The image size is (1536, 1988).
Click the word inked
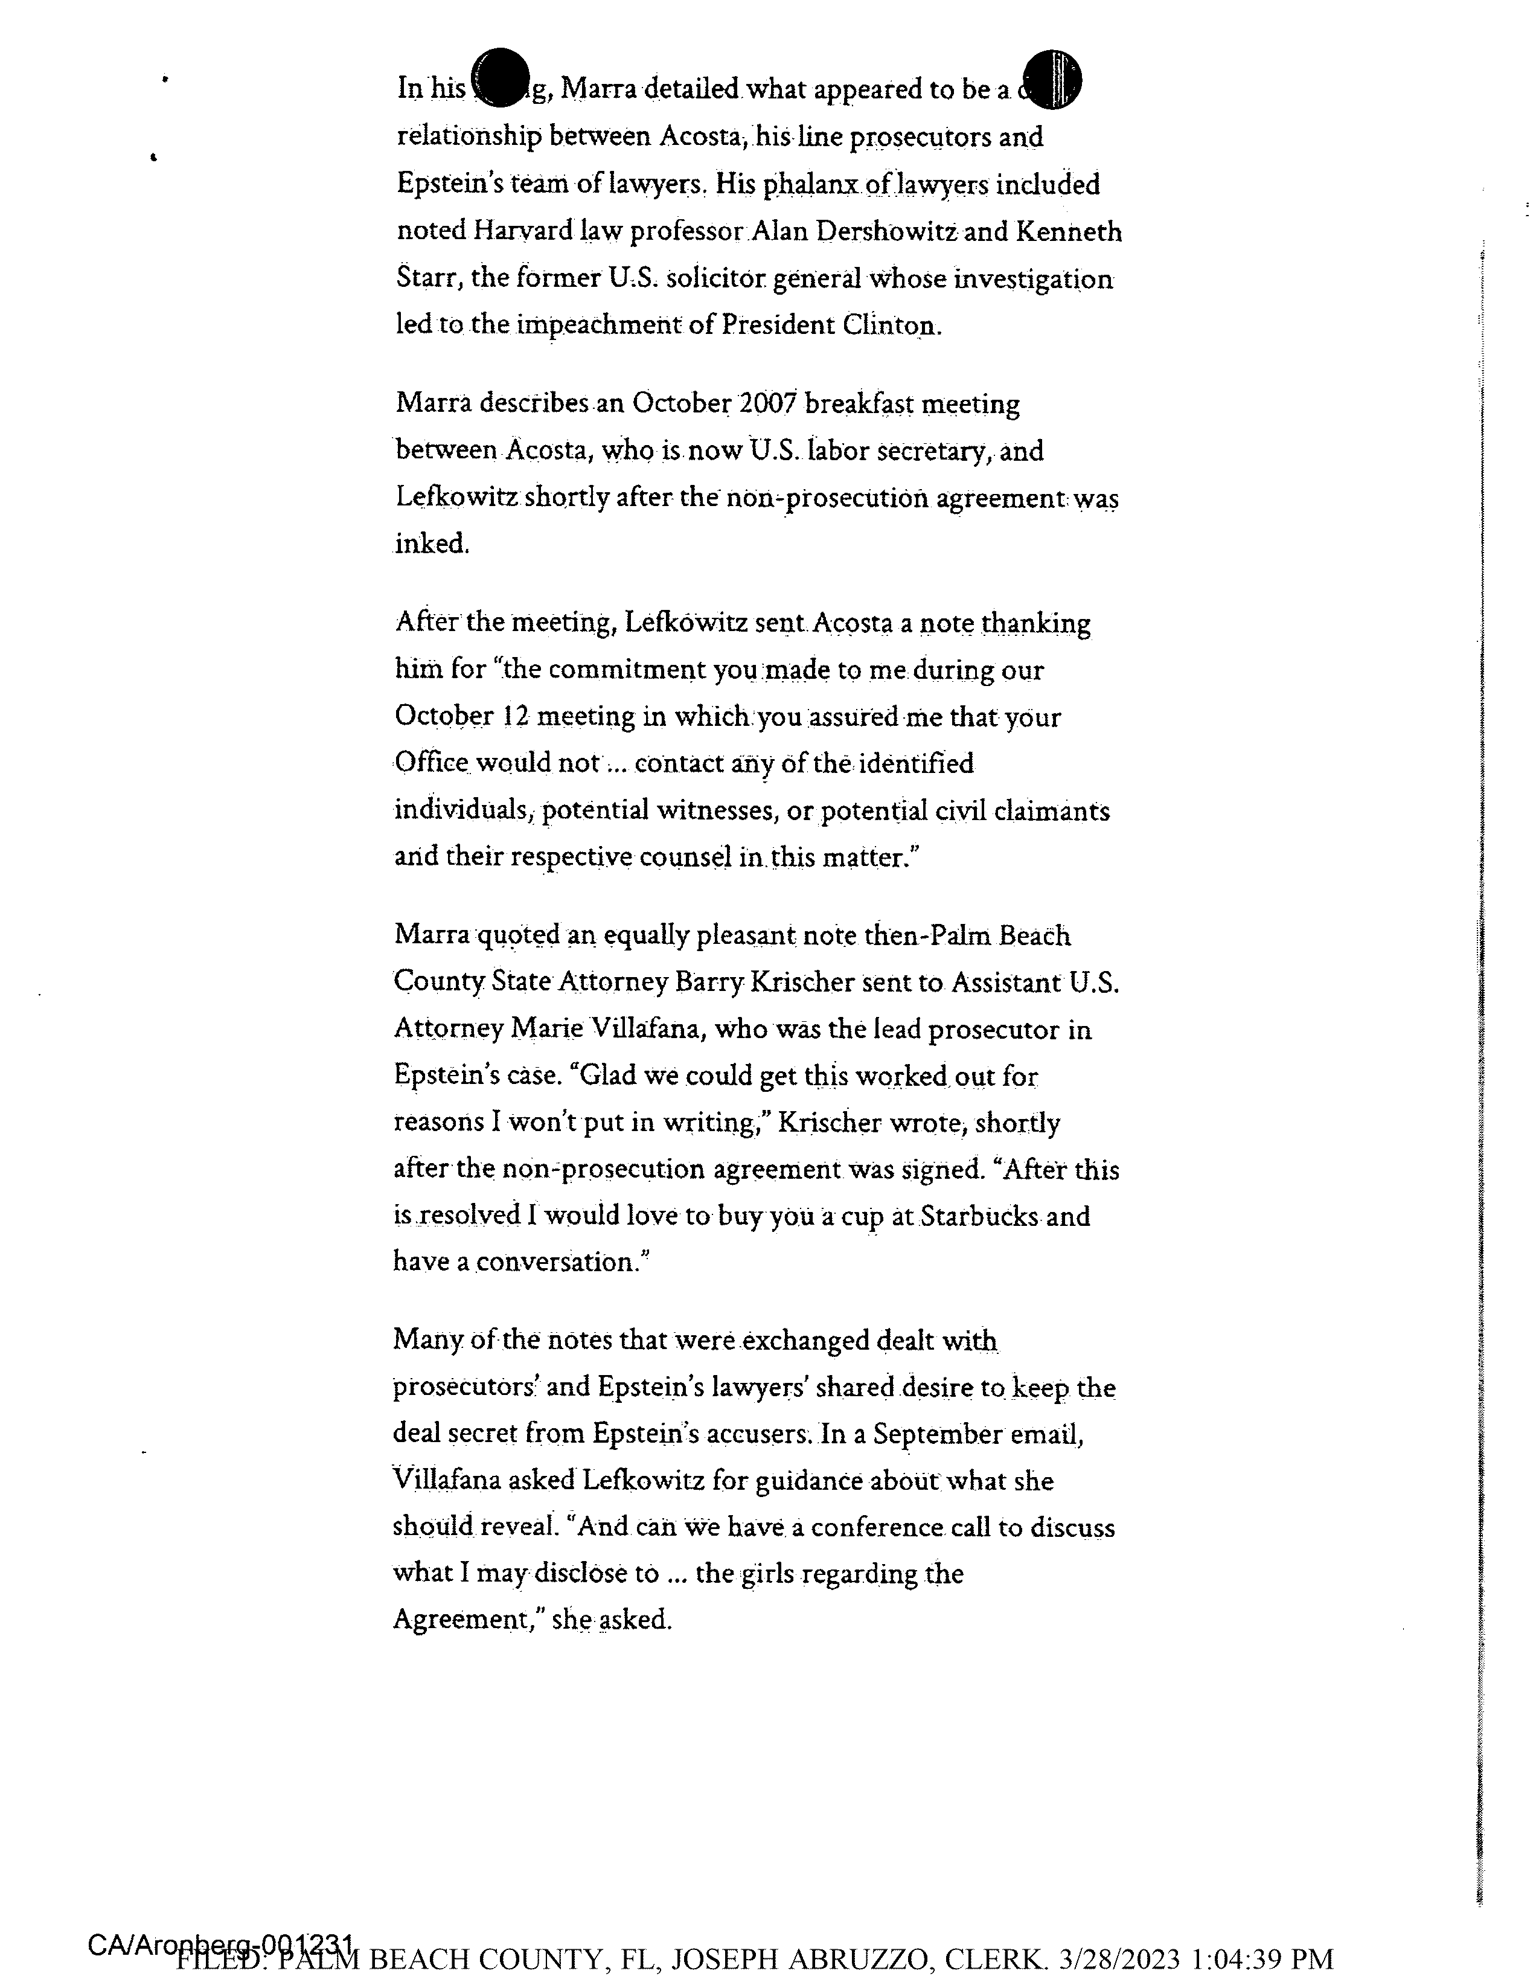432,543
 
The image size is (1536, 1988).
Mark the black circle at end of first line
1051,79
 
